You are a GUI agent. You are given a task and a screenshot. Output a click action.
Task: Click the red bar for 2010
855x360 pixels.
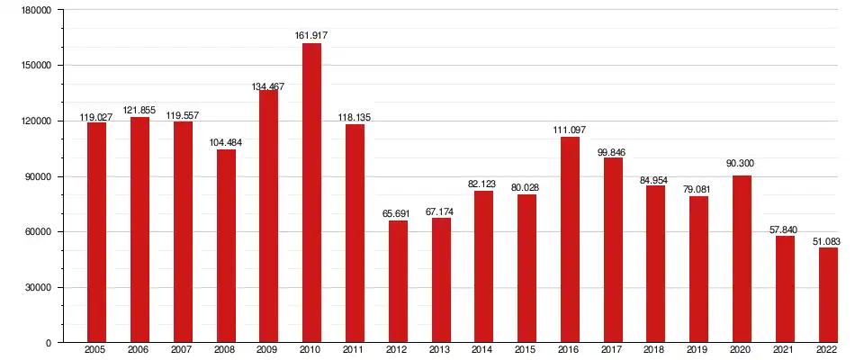coord(311,193)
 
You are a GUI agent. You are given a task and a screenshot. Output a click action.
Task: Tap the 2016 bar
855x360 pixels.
coord(570,239)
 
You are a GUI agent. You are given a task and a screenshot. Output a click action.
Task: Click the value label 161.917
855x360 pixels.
coord(311,36)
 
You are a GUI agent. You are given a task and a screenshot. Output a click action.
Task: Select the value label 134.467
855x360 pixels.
coord(268,86)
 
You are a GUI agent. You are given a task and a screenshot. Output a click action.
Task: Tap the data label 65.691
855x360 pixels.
coord(398,213)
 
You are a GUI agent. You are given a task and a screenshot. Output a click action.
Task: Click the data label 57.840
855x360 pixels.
coord(785,229)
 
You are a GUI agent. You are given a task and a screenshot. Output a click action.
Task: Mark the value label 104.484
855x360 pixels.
coord(225,142)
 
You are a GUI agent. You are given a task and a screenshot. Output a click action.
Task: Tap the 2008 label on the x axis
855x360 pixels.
coord(225,350)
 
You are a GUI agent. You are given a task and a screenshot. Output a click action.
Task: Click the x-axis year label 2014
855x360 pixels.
coord(483,350)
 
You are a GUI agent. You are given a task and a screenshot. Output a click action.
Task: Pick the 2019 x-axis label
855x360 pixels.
coord(698,350)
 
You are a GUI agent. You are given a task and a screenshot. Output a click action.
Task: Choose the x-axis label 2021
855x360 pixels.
coord(785,350)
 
